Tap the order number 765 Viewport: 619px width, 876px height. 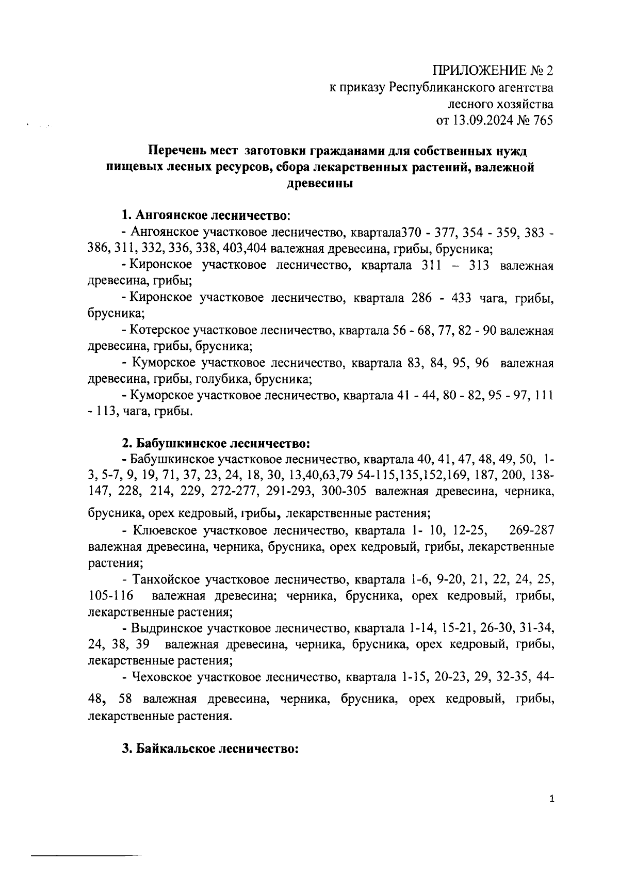[541, 121]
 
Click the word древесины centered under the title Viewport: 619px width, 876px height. [319, 184]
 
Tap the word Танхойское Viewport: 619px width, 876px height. [166, 580]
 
